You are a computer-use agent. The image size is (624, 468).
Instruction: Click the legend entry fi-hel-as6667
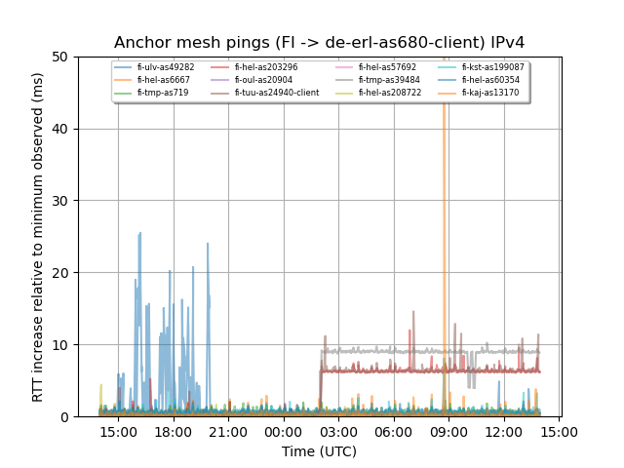(163, 80)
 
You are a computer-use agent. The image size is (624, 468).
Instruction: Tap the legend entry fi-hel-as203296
(266, 67)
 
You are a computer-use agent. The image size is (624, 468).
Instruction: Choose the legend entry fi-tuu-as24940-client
(276, 93)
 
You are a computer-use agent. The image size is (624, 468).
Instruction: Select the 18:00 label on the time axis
(173, 432)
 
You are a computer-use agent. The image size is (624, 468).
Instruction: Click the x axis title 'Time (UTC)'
(319, 451)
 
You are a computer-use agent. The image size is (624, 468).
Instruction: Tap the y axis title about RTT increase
(38, 237)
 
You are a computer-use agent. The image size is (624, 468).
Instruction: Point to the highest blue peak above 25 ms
(140, 234)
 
